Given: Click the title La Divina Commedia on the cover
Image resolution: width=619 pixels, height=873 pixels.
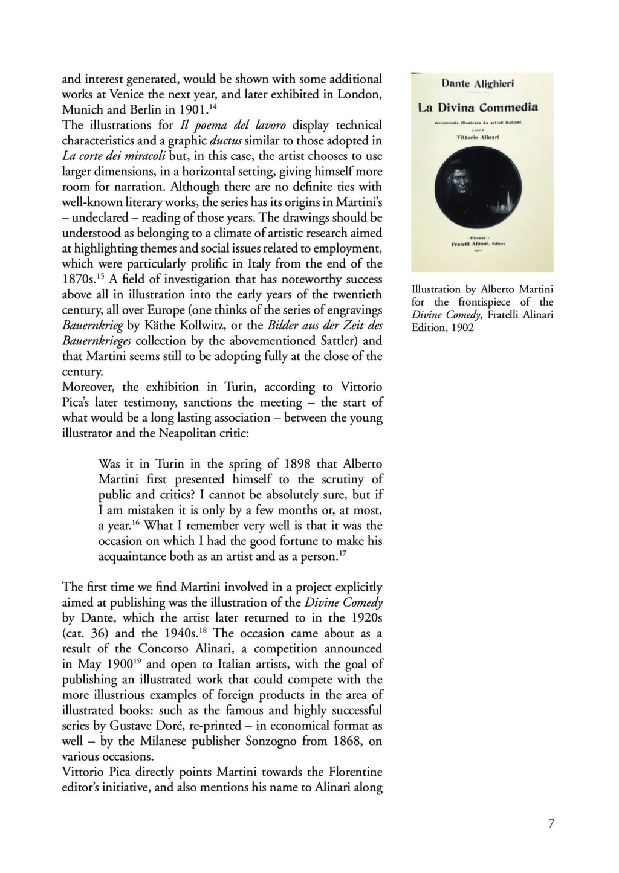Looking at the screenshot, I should point(478,108).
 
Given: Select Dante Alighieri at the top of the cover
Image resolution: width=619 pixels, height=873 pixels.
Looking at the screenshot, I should point(478,84).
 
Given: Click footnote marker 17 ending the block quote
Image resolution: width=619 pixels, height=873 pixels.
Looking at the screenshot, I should point(342,553).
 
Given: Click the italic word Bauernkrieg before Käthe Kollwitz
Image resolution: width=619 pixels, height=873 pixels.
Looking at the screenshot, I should point(92,326).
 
